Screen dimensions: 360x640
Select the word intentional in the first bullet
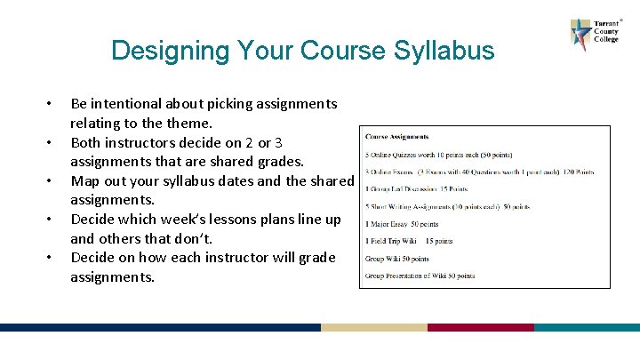[137, 104]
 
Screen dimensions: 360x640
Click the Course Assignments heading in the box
[396, 137]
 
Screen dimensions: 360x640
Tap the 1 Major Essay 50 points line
[402, 224]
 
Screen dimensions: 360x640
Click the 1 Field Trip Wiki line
[409, 241]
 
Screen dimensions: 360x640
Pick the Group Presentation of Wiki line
[420, 276]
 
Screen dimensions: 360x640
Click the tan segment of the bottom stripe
[373, 327]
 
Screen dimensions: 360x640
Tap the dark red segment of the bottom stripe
[480, 327]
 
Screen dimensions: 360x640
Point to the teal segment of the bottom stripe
[587, 327]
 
